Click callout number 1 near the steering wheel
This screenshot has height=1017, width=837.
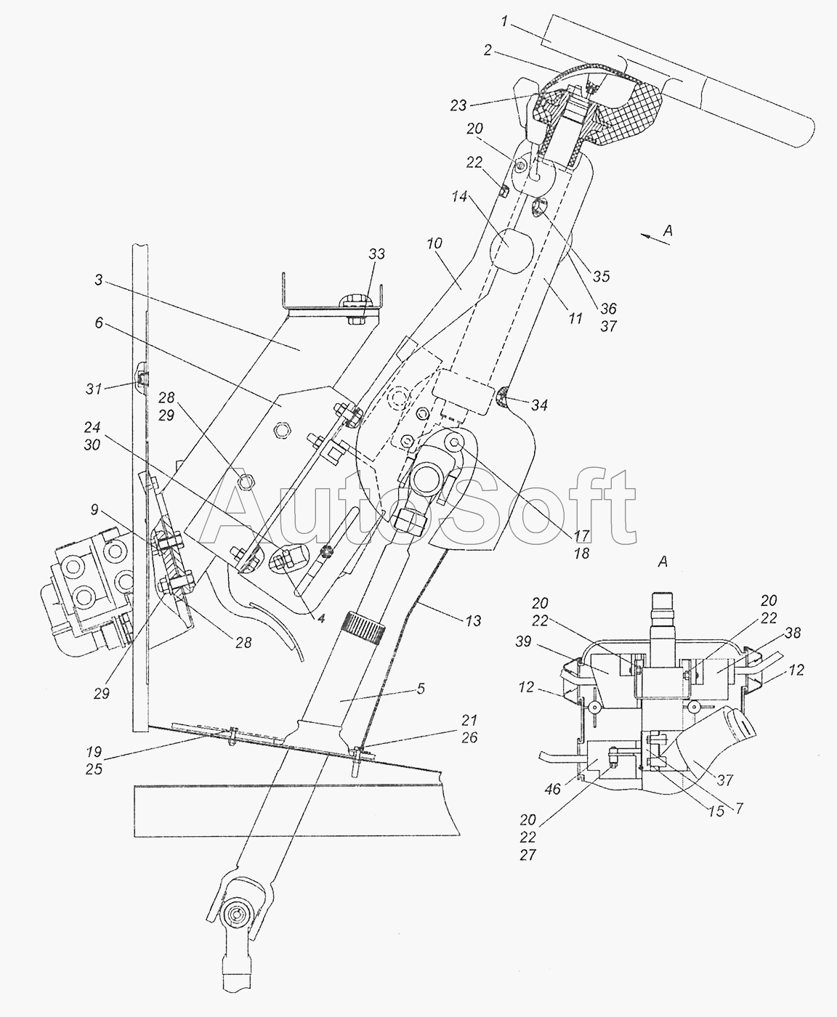[504, 23]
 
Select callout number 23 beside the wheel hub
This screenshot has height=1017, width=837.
[458, 105]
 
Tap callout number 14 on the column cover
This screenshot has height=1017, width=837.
[460, 197]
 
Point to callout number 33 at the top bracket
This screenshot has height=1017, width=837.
[377, 254]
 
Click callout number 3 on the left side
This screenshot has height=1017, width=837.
[98, 280]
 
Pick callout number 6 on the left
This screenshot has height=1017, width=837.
[99, 323]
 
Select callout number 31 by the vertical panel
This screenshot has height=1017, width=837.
[94, 389]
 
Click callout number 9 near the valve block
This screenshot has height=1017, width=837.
[94, 509]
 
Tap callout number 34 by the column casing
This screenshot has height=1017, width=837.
[539, 405]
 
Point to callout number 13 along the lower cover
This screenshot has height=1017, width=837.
[473, 620]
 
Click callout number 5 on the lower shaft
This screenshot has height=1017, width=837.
[421, 689]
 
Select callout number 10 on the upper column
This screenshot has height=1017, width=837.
[434, 243]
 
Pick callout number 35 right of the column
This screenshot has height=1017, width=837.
[601, 276]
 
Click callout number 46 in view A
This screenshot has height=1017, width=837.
[553, 789]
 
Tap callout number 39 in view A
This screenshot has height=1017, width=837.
[523, 641]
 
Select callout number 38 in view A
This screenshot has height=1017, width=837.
[793, 633]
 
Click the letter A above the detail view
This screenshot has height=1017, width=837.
[663, 562]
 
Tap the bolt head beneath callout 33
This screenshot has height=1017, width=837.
[354, 320]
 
